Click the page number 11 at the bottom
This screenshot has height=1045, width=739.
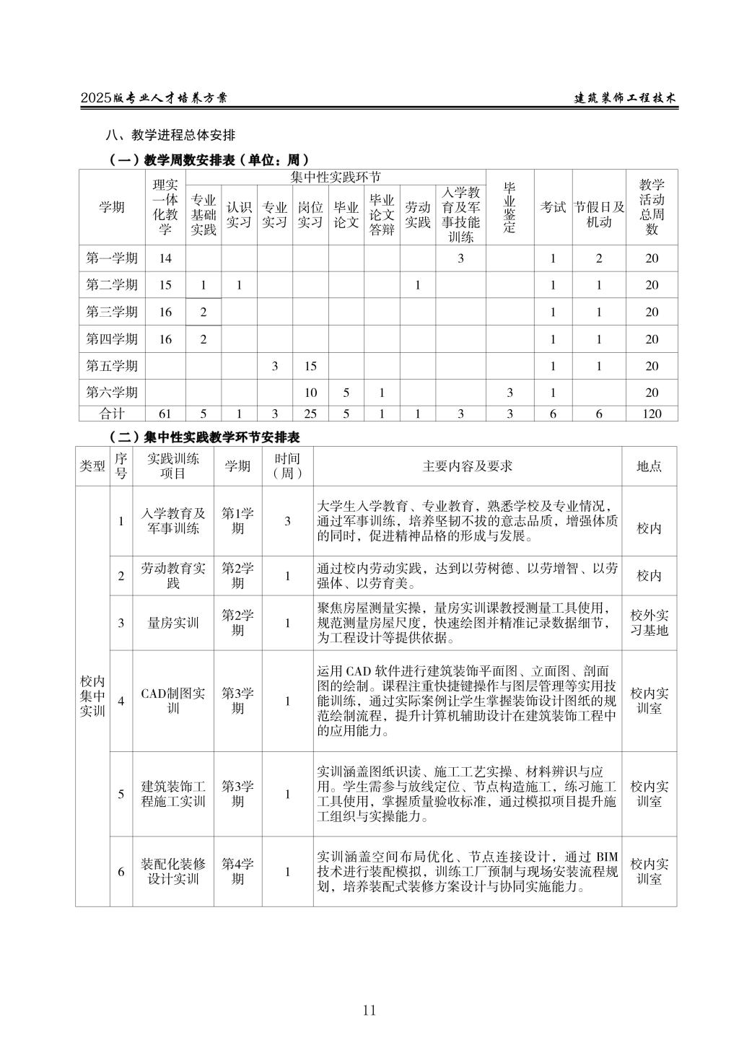(x=369, y=1010)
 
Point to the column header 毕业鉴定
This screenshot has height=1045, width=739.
(x=510, y=207)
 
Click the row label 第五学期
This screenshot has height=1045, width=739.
(x=112, y=366)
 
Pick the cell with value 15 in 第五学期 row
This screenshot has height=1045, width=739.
(x=310, y=366)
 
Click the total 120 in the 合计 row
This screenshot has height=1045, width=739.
(x=652, y=414)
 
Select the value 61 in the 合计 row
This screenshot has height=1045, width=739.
(x=165, y=414)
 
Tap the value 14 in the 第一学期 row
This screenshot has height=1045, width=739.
(x=165, y=258)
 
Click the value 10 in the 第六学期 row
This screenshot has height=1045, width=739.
(x=310, y=393)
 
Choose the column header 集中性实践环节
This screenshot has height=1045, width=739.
(x=336, y=178)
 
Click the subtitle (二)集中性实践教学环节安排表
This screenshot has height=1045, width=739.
(x=204, y=437)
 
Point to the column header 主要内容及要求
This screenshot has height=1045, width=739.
(x=468, y=466)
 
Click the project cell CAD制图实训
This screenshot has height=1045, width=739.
(x=173, y=701)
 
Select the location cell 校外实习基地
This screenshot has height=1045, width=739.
(x=650, y=623)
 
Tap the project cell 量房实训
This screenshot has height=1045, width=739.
(x=173, y=623)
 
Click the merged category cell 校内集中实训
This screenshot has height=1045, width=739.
(x=92, y=696)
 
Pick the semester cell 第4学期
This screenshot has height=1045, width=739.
(x=237, y=871)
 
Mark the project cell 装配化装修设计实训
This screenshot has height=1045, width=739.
(x=173, y=871)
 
